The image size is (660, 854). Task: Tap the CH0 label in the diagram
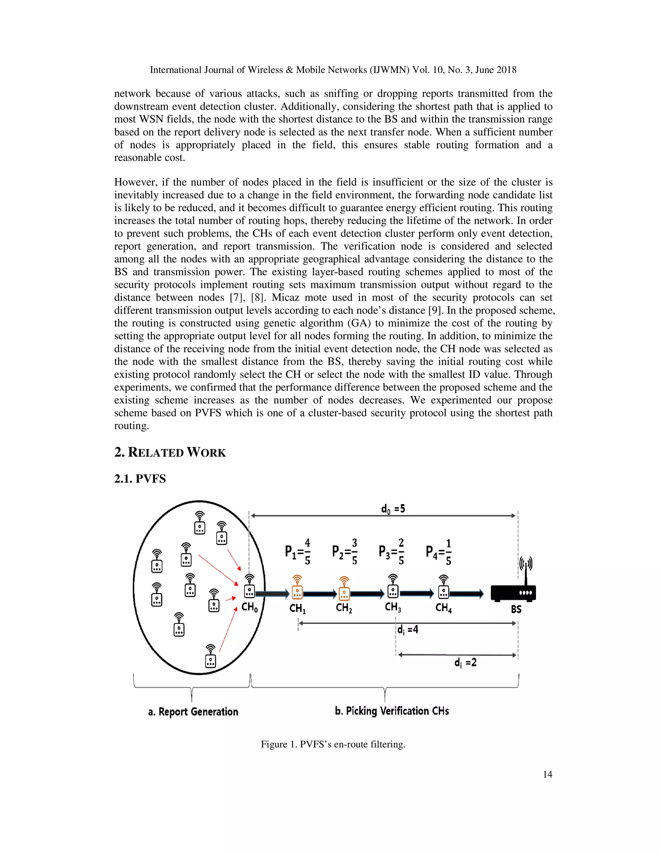tap(249, 607)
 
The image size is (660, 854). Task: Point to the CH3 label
tap(393, 607)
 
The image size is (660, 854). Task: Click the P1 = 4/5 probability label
tap(297, 552)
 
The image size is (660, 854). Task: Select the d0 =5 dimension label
tap(393, 509)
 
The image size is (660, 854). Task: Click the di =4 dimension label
tap(407, 630)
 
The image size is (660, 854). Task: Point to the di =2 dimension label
tap(465, 662)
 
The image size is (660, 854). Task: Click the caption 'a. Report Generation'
tap(193, 712)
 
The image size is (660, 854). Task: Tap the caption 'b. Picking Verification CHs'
tap(392, 711)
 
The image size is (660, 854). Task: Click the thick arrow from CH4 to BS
tap(466, 594)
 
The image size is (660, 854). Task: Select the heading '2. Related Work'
tap(170, 452)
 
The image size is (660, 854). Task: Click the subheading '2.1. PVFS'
tap(140, 479)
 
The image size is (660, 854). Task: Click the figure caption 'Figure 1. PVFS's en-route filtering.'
tap(333, 744)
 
